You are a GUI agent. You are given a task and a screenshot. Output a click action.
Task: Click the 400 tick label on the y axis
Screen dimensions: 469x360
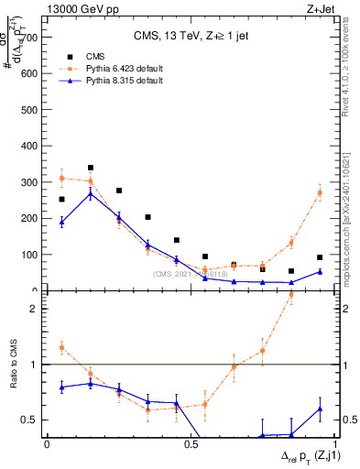point(28,147)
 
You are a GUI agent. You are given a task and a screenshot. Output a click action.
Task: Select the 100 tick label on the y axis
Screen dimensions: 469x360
point(28,255)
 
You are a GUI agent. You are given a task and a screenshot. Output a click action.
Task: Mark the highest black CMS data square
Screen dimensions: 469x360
point(90,168)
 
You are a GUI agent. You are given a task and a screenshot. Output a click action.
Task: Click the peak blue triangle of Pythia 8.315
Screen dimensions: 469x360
point(90,193)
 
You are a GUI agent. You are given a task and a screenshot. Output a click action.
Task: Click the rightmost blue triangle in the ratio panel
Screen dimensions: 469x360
point(320,409)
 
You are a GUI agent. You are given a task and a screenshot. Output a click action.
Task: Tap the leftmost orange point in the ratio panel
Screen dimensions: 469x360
point(61,347)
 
